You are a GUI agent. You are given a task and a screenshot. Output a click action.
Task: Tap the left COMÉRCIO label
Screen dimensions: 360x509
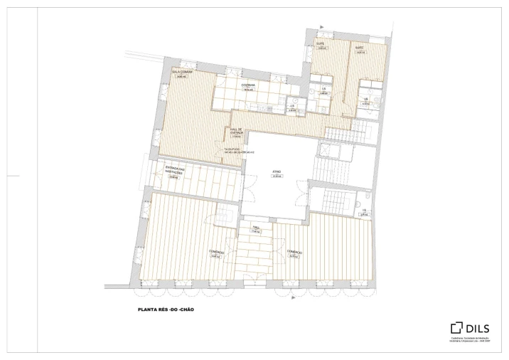pos(217,252)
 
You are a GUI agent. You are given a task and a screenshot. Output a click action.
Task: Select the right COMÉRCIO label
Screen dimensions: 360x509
pos(295,252)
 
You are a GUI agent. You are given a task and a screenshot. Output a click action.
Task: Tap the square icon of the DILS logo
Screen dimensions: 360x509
pos(456,328)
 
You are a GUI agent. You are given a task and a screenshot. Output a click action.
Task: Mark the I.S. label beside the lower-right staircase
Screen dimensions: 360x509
pos(363,211)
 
